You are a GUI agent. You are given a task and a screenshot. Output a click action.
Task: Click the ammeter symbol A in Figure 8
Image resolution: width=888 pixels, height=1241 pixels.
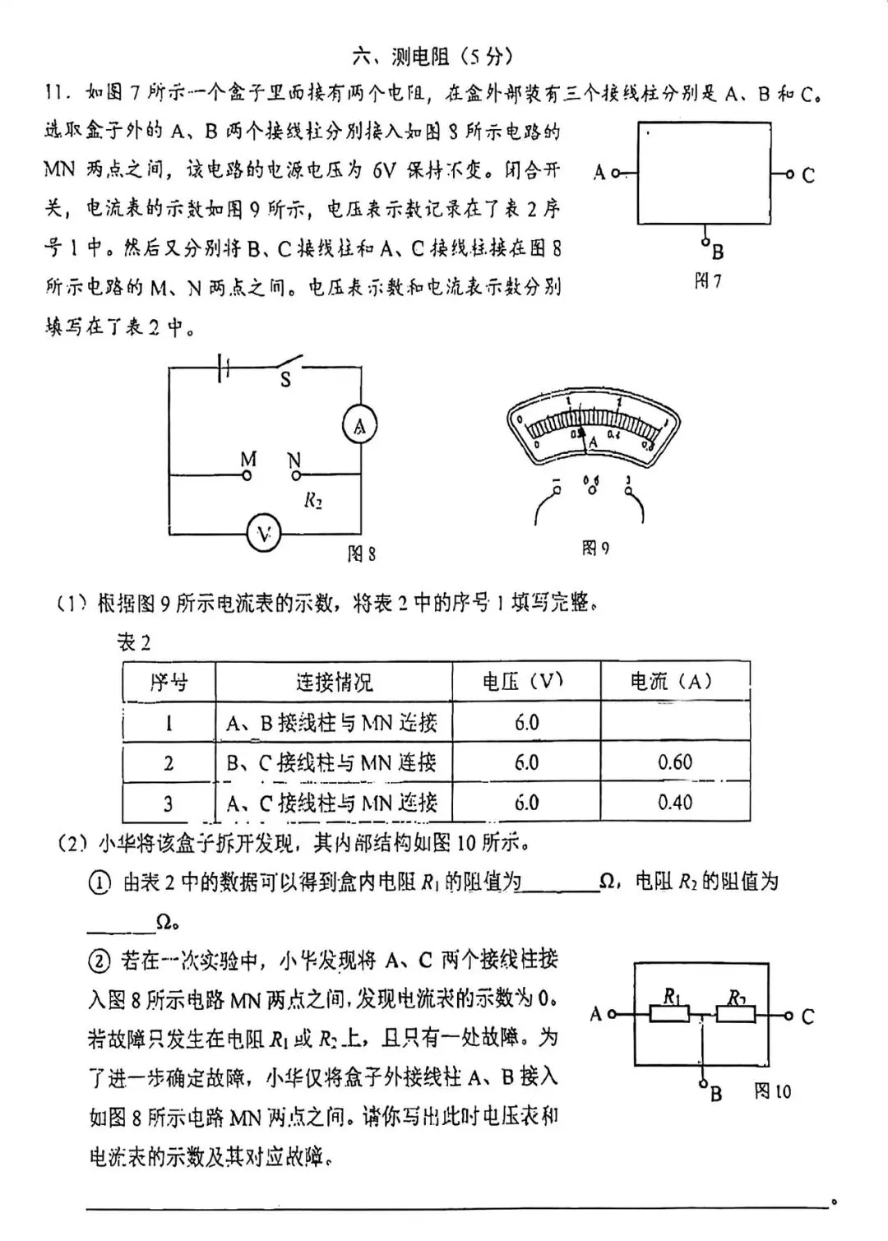[x=359, y=426]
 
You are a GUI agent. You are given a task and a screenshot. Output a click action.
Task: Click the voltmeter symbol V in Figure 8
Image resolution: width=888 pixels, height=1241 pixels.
[x=264, y=535]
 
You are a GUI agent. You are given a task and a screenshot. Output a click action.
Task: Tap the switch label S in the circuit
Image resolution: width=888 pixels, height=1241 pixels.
[x=285, y=380]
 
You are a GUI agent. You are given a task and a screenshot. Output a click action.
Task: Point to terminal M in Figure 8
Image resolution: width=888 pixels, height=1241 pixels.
[x=247, y=475]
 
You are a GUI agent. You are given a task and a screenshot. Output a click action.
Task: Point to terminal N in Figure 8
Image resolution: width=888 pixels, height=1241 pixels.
[x=296, y=475]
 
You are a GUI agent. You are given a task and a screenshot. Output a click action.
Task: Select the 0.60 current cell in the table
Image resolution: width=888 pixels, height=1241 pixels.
[x=675, y=762]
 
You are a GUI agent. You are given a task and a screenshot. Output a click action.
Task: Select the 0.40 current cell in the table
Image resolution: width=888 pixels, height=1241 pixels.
[x=675, y=802]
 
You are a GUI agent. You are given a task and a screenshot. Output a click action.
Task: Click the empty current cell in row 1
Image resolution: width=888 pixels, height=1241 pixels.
[x=675, y=722]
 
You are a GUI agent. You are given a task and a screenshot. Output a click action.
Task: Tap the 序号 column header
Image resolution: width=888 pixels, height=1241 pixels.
[x=169, y=682]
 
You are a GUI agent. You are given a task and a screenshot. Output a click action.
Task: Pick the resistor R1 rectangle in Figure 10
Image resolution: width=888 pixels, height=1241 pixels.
[x=669, y=1015]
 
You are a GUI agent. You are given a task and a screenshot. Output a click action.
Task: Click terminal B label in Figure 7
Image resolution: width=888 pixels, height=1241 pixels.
[x=717, y=252]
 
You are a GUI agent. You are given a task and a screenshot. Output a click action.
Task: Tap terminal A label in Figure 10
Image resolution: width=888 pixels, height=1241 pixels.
[x=597, y=1014]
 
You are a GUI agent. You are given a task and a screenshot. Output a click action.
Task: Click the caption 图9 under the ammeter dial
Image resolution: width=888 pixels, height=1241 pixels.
[x=595, y=549]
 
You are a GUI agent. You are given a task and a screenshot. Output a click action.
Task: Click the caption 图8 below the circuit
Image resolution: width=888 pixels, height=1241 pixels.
[x=362, y=553]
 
